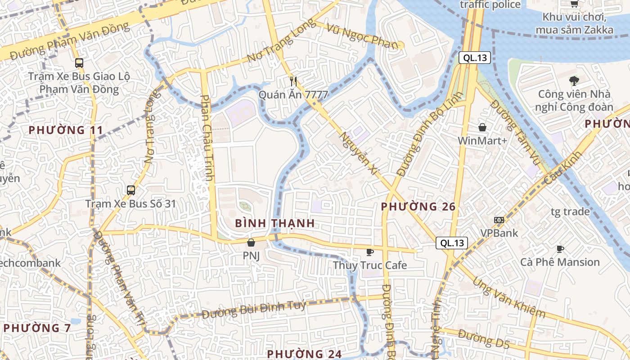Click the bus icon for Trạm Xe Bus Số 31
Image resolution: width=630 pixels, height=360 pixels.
point(130,190)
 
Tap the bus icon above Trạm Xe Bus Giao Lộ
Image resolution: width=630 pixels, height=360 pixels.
point(79,63)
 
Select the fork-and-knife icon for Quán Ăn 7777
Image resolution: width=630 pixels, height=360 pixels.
point(293,81)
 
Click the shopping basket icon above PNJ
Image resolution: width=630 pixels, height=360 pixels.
point(251,243)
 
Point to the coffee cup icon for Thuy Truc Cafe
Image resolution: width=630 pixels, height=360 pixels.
point(370,252)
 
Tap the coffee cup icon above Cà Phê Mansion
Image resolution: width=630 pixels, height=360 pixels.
point(560,248)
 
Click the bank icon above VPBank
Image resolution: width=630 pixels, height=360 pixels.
point(499,220)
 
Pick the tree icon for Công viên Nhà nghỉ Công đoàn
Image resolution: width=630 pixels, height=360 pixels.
point(574,81)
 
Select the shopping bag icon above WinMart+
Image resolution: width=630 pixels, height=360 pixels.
point(482,127)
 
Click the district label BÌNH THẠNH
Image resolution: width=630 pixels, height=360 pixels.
point(274,223)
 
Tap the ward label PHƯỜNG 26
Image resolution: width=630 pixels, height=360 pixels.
point(418,207)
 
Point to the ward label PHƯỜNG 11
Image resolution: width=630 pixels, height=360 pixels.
point(66,130)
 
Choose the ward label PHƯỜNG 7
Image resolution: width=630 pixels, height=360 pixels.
point(37,328)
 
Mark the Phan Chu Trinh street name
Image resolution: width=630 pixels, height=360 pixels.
point(207,137)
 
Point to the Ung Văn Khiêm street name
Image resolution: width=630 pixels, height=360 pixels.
point(508,297)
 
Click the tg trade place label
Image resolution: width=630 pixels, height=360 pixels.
point(570,211)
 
